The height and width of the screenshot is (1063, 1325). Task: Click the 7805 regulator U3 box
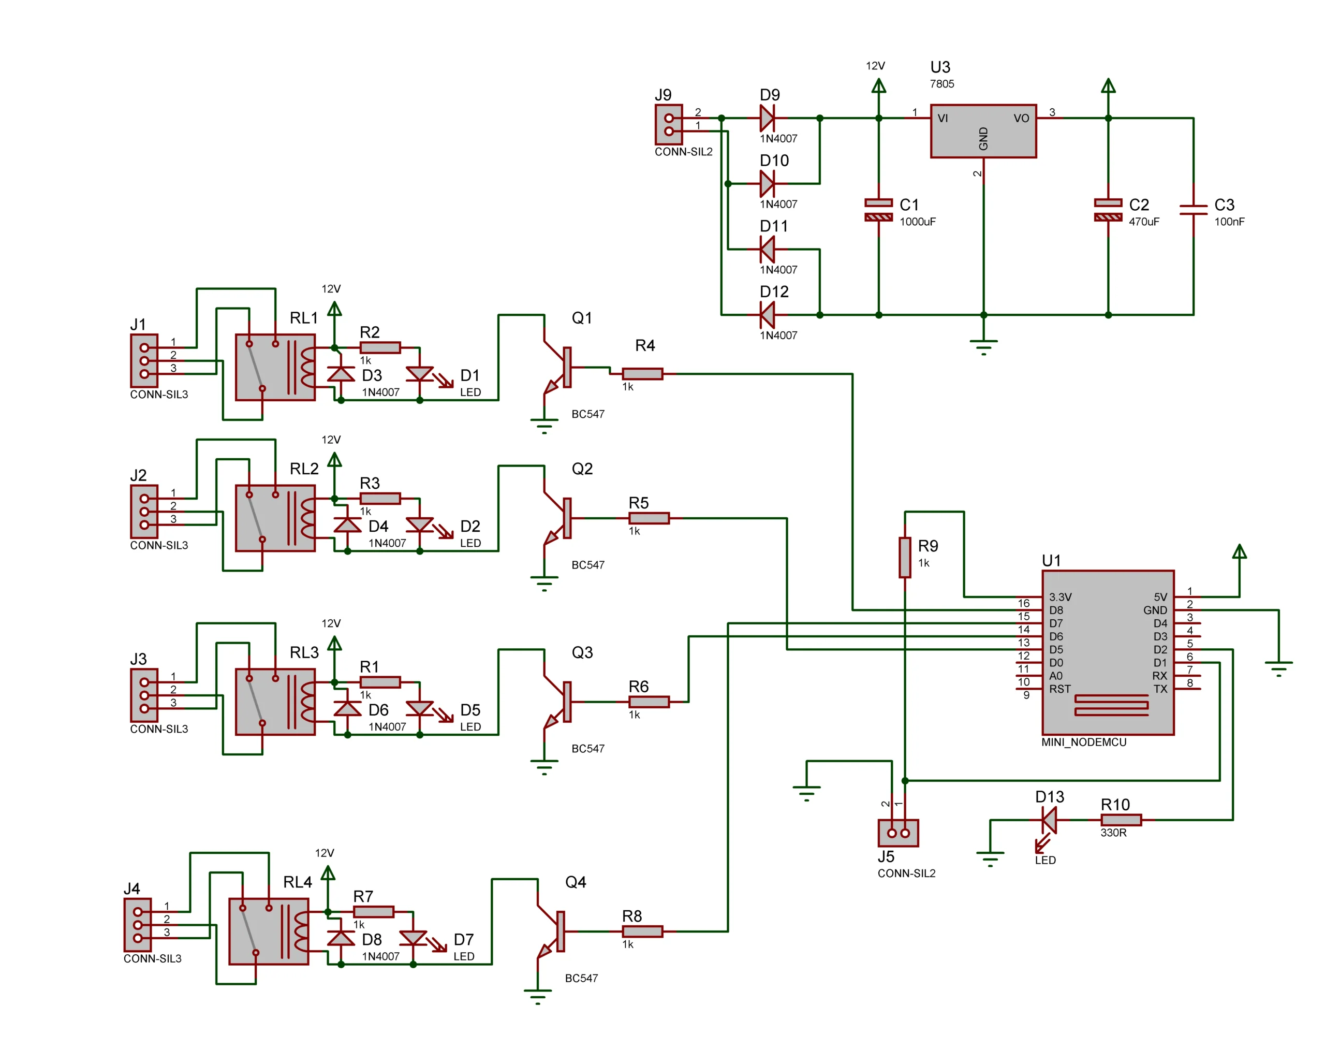(983, 131)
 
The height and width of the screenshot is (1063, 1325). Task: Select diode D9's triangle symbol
(767, 118)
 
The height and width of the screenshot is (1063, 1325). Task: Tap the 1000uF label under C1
(917, 222)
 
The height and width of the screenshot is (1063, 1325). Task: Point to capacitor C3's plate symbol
(1193, 210)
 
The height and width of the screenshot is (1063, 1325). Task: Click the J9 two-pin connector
(669, 124)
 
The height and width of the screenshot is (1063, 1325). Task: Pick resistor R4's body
(642, 374)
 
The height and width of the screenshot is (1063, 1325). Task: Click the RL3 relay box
(275, 702)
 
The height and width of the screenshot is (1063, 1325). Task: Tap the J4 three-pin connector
(138, 925)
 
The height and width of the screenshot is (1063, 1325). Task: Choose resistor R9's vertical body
(905, 557)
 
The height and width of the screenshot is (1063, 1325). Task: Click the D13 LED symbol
(1049, 820)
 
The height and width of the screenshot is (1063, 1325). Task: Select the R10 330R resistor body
(1121, 820)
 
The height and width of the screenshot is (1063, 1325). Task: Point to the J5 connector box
(898, 833)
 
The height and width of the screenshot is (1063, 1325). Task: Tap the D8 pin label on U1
(1056, 610)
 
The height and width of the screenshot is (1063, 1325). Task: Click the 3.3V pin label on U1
(1059, 597)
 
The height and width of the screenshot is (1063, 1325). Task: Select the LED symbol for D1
(420, 374)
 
